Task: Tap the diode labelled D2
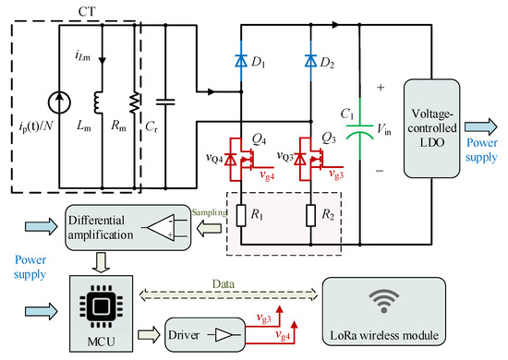click(x=309, y=63)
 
